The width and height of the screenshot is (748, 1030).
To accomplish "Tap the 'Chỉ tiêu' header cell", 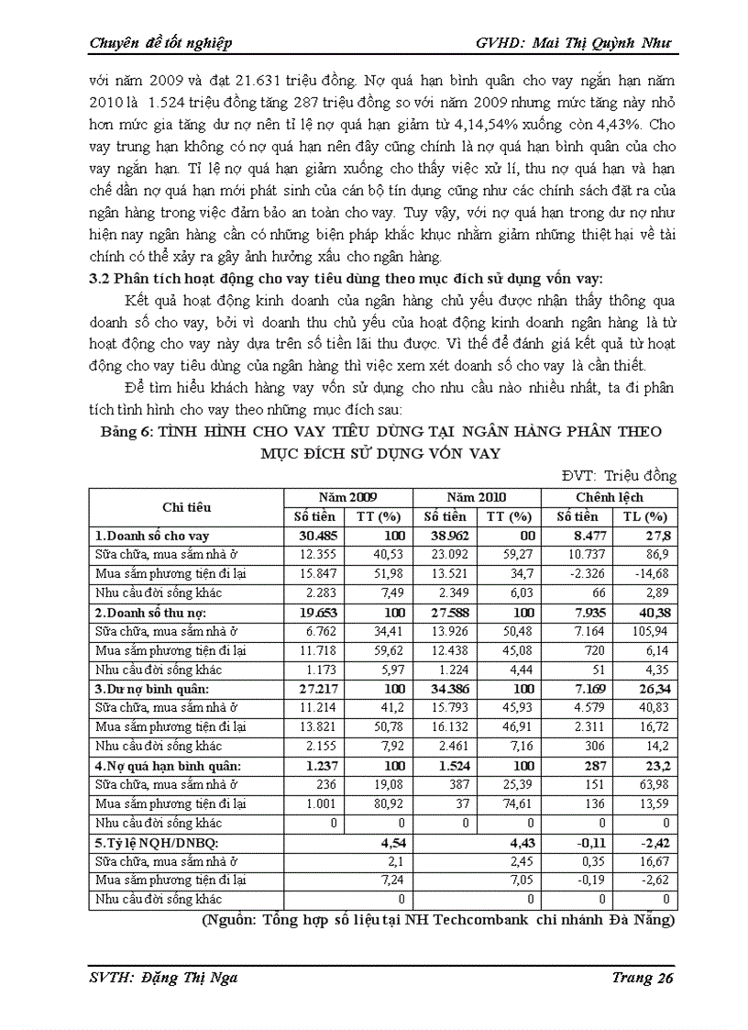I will tap(186, 506).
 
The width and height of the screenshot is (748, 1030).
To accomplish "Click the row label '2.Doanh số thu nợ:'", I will tap(151, 612).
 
